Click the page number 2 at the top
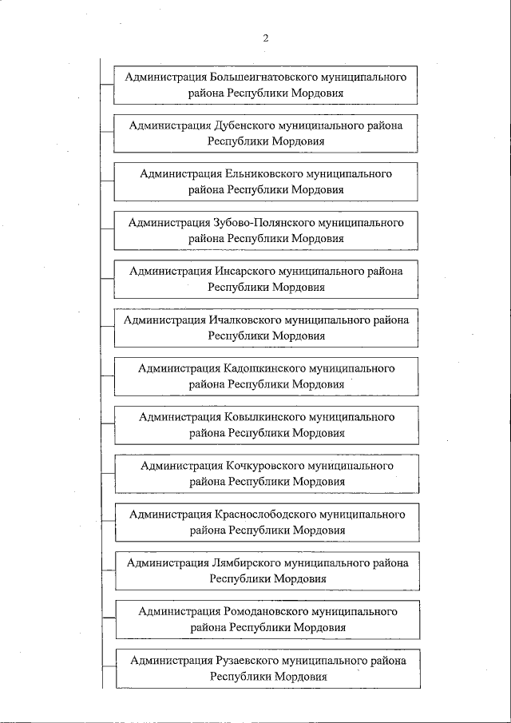coord(266,37)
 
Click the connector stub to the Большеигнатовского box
coord(107,83)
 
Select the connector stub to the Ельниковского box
coord(107,181)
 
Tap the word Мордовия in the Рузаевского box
coord(299,676)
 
